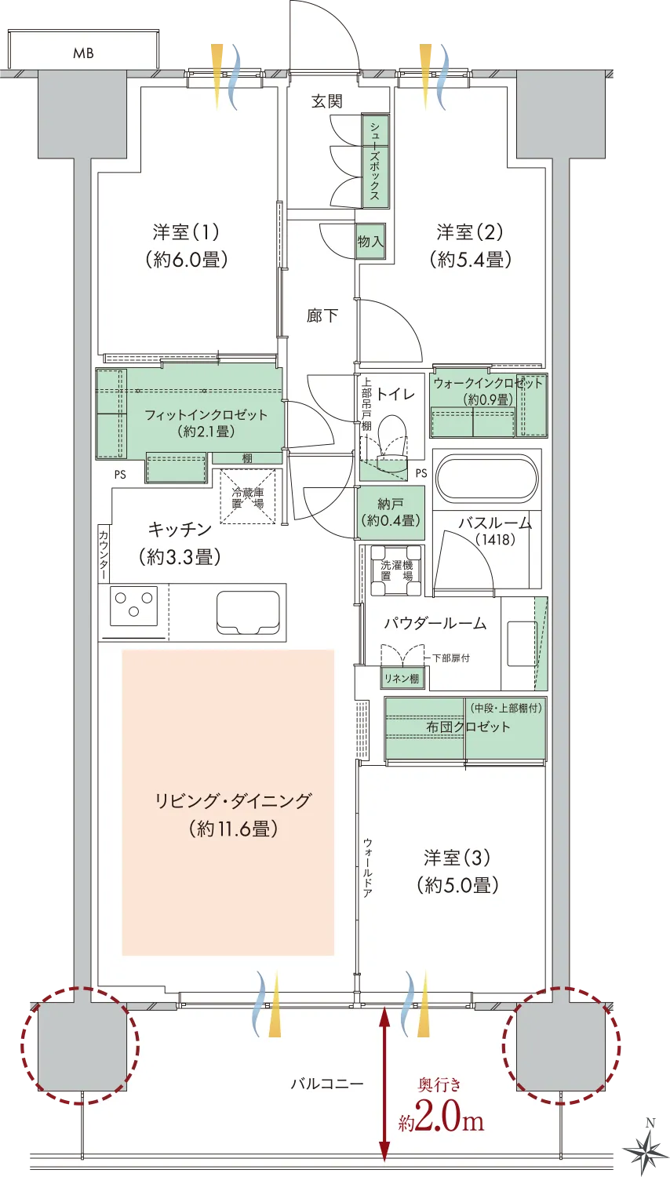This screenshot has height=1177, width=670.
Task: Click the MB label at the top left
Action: click(83, 53)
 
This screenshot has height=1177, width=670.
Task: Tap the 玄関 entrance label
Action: click(327, 101)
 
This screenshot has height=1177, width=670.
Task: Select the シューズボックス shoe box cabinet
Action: click(375, 161)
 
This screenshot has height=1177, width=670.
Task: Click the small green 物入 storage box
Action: click(370, 241)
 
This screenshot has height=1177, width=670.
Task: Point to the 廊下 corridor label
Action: click(322, 315)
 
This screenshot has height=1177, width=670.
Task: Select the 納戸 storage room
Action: click(391, 512)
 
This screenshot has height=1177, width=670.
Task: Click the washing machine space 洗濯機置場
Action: click(397, 570)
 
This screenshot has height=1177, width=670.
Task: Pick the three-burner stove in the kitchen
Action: click(133, 606)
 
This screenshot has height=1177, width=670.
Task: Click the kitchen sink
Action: click(248, 612)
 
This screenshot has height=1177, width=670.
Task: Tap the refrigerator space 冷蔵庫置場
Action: click(247, 497)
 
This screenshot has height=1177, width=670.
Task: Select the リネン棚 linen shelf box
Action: click(402, 679)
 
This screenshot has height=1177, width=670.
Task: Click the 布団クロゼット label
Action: click(468, 727)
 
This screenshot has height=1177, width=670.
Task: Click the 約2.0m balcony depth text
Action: click(442, 1120)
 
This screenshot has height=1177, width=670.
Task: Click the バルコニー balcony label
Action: click(327, 1083)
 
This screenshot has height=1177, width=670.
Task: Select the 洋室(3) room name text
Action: click(457, 858)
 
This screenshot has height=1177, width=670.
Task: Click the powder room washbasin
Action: click(522, 643)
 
